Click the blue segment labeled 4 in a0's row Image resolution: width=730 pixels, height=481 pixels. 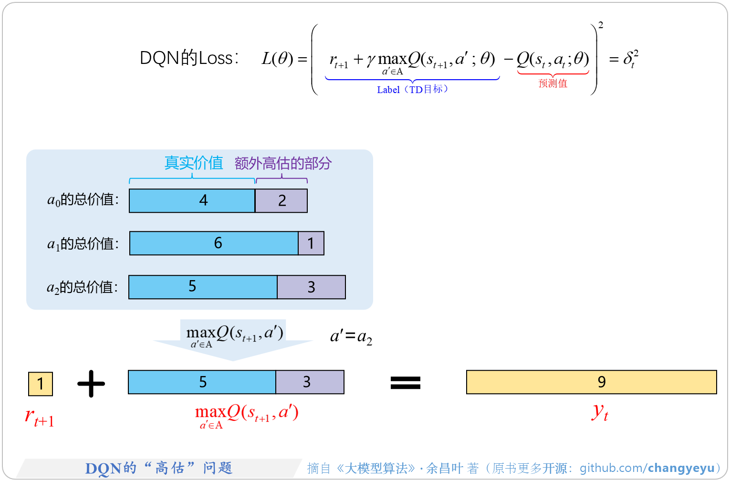(192, 200)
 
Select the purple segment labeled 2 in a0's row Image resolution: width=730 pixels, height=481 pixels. (282, 200)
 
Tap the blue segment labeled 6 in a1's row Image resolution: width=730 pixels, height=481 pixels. (214, 243)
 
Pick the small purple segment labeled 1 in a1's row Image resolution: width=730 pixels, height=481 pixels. (311, 243)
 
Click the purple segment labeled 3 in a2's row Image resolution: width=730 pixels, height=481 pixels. (311, 287)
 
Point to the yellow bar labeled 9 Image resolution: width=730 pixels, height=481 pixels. (591, 382)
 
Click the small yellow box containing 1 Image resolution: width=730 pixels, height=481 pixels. (41, 384)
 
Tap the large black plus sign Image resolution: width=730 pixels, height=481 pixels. (91, 383)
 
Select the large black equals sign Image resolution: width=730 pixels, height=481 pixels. (406, 383)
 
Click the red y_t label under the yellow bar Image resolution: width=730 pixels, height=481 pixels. (600, 412)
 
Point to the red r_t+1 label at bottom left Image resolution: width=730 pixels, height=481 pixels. (39, 418)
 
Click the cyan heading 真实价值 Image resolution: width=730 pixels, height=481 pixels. (194, 163)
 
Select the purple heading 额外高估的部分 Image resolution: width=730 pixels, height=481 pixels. (283, 164)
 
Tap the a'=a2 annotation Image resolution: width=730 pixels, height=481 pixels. (351, 337)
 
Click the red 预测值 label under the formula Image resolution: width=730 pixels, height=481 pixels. (553, 84)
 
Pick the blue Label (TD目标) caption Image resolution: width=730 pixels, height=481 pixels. (412, 90)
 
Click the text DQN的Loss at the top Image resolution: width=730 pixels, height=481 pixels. (188, 58)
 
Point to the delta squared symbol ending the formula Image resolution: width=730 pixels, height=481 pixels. (630, 59)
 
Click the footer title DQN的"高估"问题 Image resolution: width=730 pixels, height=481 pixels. (159, 468)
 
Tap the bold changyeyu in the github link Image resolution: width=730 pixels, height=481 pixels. (681, 468)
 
